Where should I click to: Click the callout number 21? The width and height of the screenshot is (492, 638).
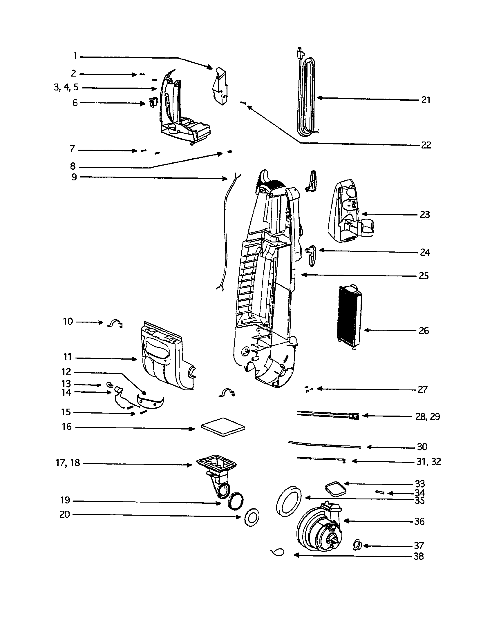(x=426, y=100)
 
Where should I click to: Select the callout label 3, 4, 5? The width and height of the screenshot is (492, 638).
(x=66, y=87)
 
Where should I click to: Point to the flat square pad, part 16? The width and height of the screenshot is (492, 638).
(x=223, y=427)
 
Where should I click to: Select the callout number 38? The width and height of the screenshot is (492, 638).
(x=419, y=556)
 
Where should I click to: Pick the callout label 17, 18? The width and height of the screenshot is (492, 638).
(x=68, y=463)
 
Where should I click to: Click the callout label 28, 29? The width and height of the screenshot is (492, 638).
(x=427, y=416)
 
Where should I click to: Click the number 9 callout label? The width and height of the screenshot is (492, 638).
(x=74, y=177)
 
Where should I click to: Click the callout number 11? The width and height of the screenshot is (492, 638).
(x=67, y=357)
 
